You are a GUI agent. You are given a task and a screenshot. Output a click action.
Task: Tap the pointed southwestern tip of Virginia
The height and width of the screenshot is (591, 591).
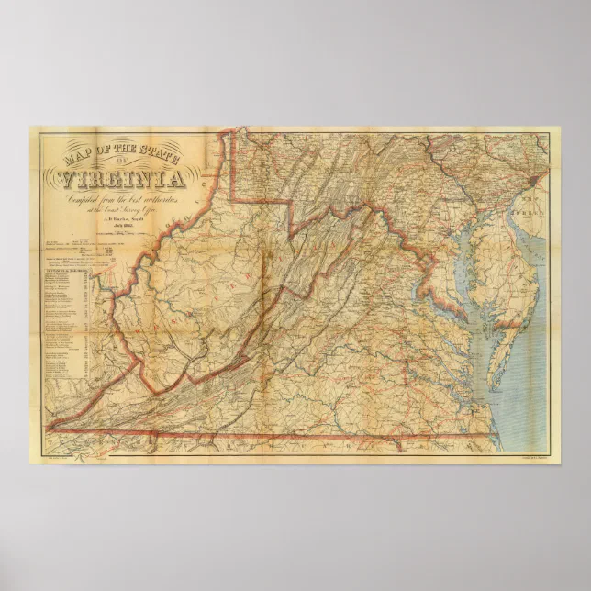(x=50, y=428)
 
